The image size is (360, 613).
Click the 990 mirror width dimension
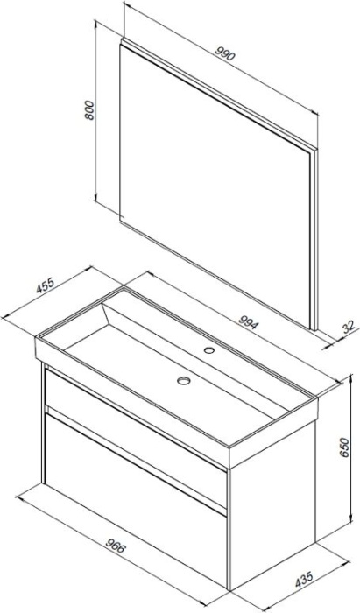(x=225, y=54)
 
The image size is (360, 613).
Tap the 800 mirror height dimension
(x=89, y=110)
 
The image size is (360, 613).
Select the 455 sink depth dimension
(x=45, y=285)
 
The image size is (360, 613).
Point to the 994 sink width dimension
(x=248, y=321)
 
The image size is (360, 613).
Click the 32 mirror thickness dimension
(x=349, y=327)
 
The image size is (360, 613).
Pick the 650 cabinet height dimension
(x=343, y=447)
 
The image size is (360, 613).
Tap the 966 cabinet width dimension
(x=116, y=546)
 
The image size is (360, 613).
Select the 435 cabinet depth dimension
(x=304, y=580)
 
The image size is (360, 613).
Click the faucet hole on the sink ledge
(x=209, y=350)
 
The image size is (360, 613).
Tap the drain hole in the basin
(x=183, y=380)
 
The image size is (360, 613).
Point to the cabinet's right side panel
(x=272, y=504)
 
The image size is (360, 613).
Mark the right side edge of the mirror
(x=315, y=239)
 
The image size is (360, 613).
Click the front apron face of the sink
(x=132, y=403)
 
